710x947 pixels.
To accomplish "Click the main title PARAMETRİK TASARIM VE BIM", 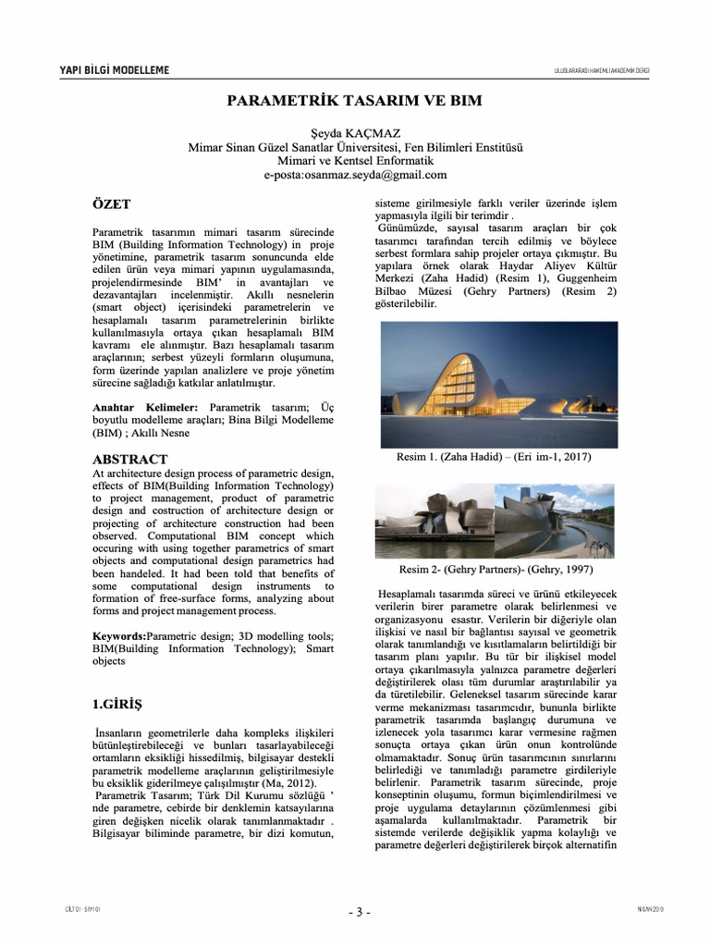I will [355, 99].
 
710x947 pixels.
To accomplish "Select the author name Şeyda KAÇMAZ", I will [355, 133].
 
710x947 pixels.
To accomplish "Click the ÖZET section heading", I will [112, 204].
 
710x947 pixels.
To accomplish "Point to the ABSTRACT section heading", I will [130, 460].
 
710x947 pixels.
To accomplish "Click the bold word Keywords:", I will [120, 638].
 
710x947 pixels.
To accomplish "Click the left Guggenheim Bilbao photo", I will [434, 521].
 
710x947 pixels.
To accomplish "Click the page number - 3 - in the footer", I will [359, 912].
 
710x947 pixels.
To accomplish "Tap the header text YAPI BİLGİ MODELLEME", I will [115, 71].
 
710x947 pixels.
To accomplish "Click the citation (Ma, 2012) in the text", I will [283, 782].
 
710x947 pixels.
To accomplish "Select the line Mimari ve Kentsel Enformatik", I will [355, 160].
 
